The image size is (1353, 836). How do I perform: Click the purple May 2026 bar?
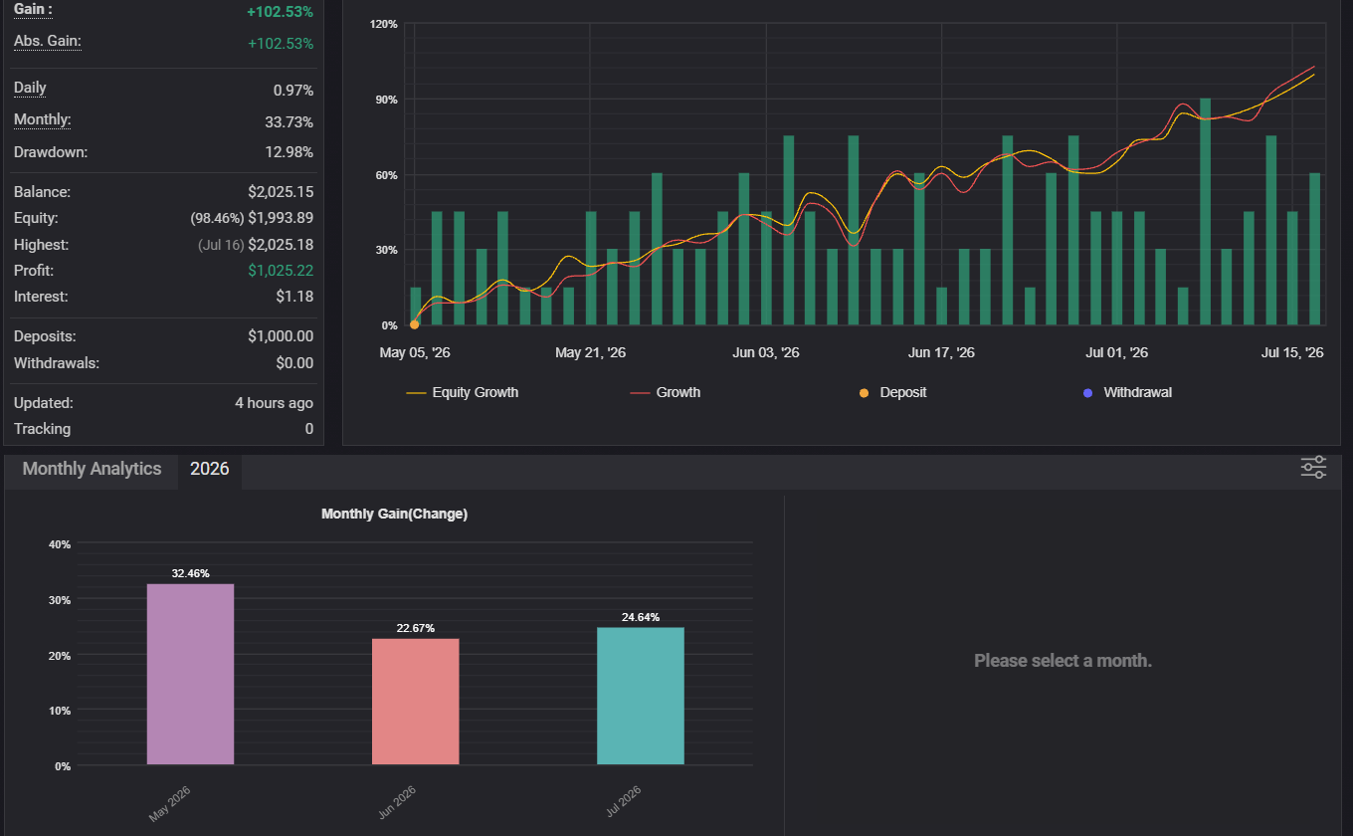[x=190, y=674]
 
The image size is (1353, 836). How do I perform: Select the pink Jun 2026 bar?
[x=416, y=702]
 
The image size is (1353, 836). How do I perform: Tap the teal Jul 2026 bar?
[x=641, y=696]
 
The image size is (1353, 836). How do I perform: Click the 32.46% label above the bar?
[x=190, y=573]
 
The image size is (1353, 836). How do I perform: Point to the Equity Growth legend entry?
[x=462, y=393]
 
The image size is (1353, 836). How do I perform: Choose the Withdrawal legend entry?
[x=1127, y=393]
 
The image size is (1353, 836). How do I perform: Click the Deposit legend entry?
[x=892, y=393]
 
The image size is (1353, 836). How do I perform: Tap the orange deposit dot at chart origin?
[x=414, y=325]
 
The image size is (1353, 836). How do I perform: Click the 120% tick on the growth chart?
[x=384, y=24]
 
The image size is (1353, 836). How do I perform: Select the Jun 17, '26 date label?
[x=941, y=352]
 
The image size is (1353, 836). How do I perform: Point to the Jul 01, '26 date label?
[x=1116, y=352]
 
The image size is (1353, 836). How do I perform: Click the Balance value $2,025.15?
[x=281, y=192]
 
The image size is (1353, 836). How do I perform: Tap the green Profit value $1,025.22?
[x=281, y=271]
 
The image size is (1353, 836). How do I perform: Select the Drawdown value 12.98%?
[x=289, y=152]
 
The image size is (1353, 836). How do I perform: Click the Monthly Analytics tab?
[x=92, y=469]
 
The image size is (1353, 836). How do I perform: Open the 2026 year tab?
[x=210, y=469]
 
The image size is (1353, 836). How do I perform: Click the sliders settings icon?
[x=1313, y=468]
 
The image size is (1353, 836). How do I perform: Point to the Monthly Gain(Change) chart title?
[x=394, y=515]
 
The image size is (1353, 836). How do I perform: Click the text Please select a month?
[x=1063, y=661]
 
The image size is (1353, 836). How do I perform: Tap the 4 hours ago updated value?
[x=274, y=403]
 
